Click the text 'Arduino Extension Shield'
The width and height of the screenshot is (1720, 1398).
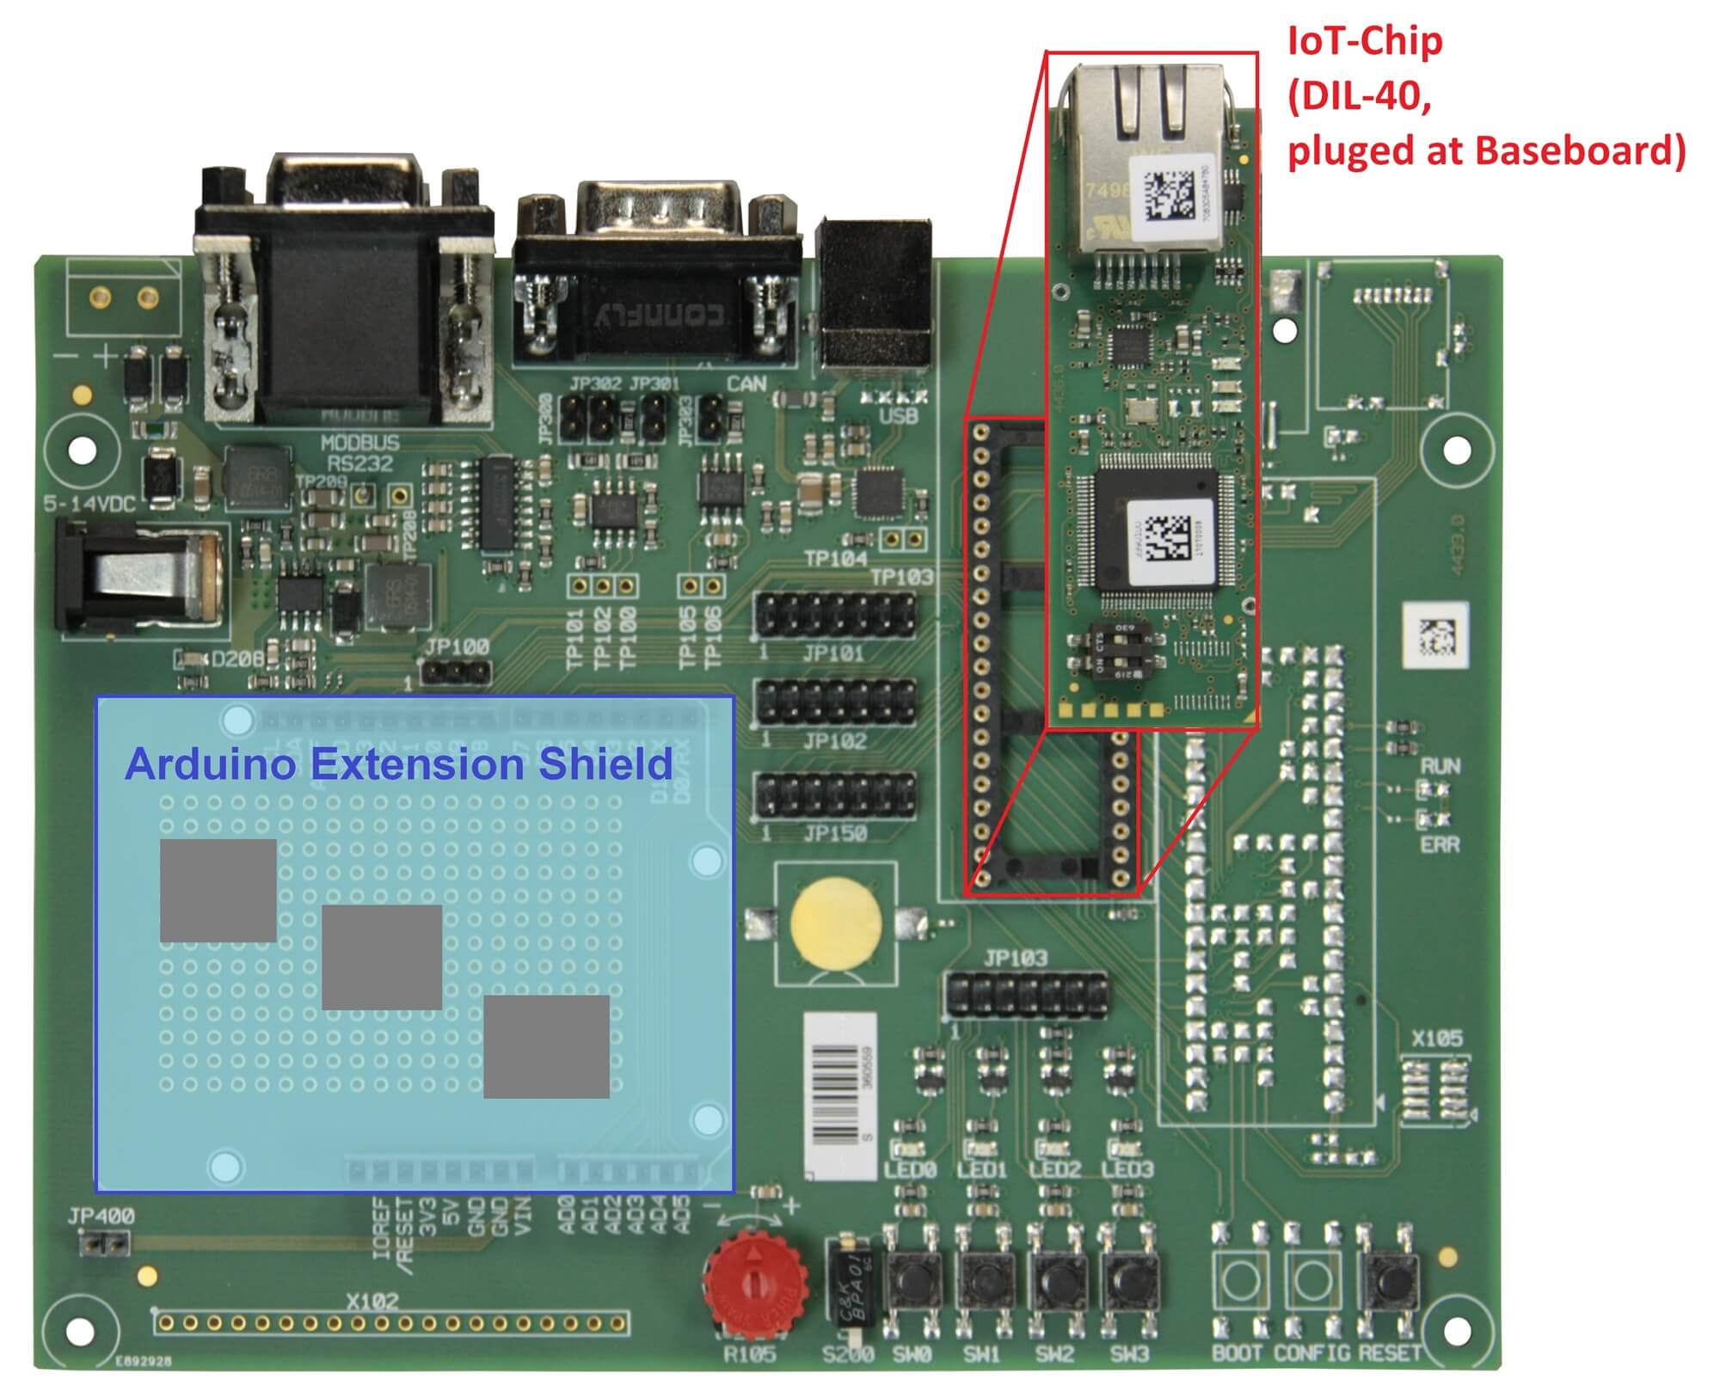pos(398,764)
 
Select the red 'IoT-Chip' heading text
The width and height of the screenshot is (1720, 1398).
pos(1364,41)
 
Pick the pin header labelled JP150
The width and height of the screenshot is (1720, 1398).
pos(834,795)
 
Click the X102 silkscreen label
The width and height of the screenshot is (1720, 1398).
pos(372,1302)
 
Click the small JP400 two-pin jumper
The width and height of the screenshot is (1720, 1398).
pos(104,1242)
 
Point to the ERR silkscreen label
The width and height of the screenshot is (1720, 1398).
pos(1440,845)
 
